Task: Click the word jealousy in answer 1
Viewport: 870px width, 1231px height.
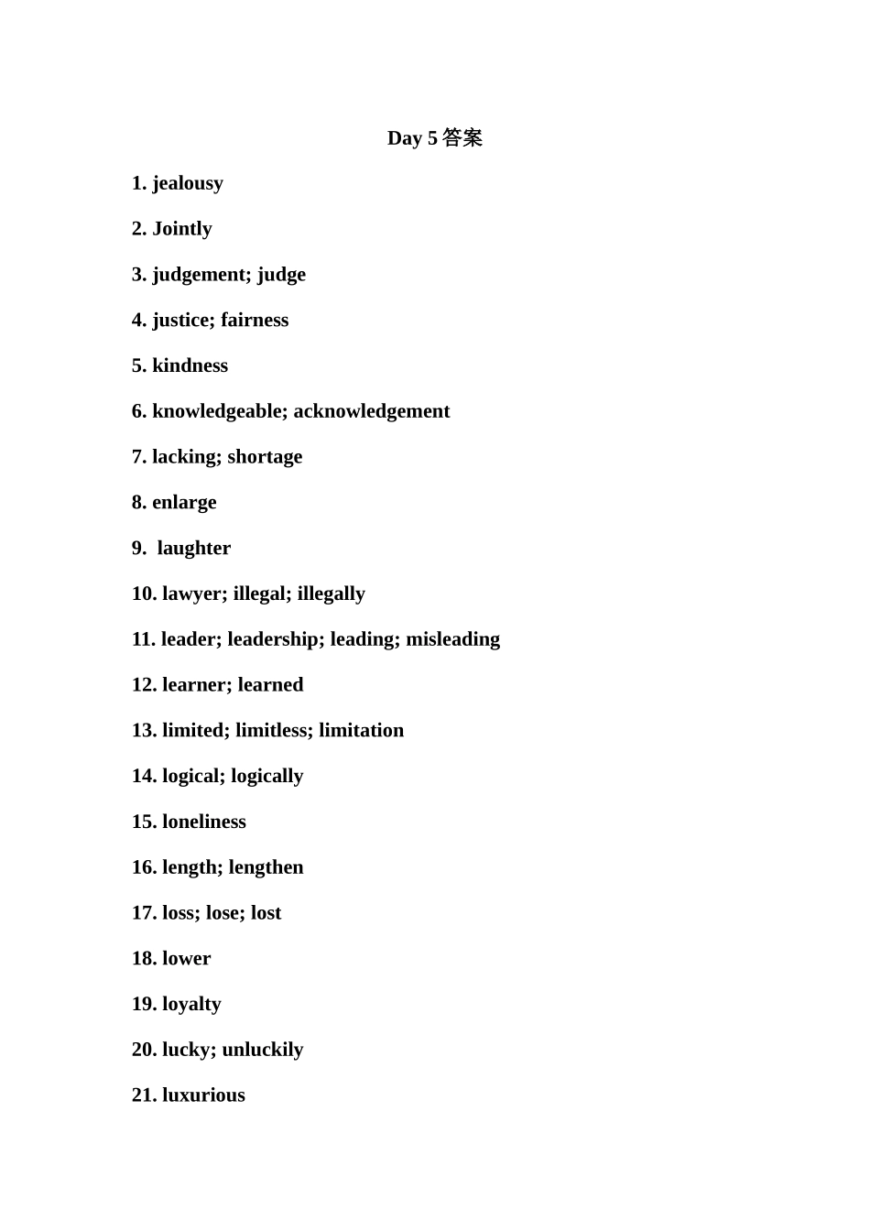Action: (188, 183)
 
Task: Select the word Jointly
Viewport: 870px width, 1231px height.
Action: (182, 229)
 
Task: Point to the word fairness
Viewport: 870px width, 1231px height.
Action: (255, 320)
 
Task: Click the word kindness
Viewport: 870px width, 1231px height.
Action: (190, 365)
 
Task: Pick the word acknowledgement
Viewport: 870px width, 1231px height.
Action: (372, 411)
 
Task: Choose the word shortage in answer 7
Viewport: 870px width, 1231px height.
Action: (265, 457)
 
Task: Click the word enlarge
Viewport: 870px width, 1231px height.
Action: (184, 503)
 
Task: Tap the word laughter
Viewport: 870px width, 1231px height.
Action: (194, 548)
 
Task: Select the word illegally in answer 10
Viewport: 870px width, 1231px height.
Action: (332, 594)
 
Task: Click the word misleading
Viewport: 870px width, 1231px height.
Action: (453, 639)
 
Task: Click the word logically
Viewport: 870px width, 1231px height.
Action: (267, 776)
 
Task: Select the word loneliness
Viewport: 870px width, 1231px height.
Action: (204, 822)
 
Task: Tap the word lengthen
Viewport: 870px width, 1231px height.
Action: (266, 867)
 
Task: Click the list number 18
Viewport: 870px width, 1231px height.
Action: (144, 958)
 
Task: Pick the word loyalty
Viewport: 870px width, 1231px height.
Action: (191, 1004)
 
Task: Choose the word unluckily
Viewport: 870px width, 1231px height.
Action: (263, 1050)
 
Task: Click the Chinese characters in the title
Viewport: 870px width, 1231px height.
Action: (462, 138)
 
